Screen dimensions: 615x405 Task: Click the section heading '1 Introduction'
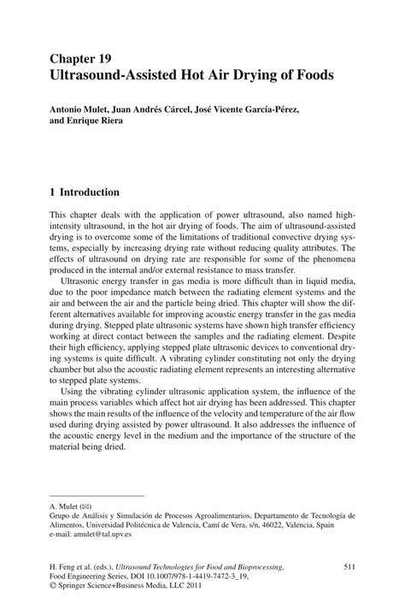pyautogui.click(x=85, y=192)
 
